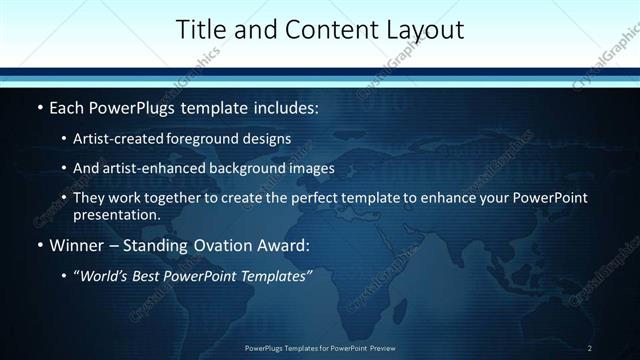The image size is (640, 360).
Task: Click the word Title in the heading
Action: tap(199, 30)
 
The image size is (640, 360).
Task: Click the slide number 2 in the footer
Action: tap(590, 348)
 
